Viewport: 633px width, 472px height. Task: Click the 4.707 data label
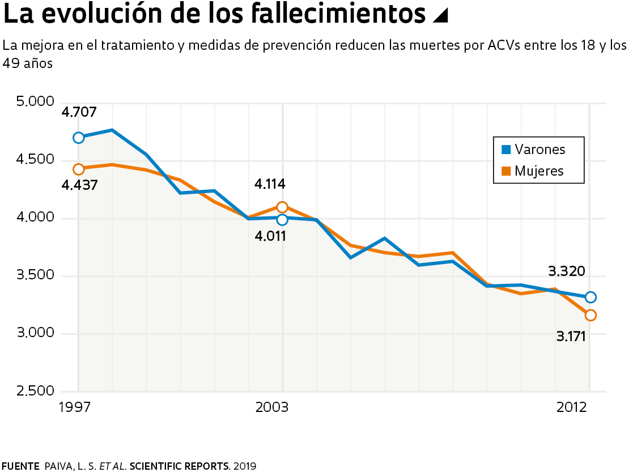coord(79,112)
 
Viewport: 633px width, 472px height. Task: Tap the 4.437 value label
coord(80,185)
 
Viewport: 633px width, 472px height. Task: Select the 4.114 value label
coord(270,184)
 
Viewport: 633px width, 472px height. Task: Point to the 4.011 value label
coord(270,236)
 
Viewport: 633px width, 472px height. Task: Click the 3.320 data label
coord(567,271)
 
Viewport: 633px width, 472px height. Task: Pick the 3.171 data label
coord(571,337)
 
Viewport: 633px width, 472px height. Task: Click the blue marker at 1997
coord(79,138)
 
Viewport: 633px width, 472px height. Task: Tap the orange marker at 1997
coord(79,169)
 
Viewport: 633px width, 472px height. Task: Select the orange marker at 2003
coord(282,207)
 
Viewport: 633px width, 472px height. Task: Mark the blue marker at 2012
coord(590,297)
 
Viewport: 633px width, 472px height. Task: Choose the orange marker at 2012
coord(590,315)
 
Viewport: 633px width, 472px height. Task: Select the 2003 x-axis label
coord(272,407)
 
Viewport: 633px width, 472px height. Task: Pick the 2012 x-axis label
coord(571,407)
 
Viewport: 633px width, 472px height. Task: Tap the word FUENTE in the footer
coord(20,466)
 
